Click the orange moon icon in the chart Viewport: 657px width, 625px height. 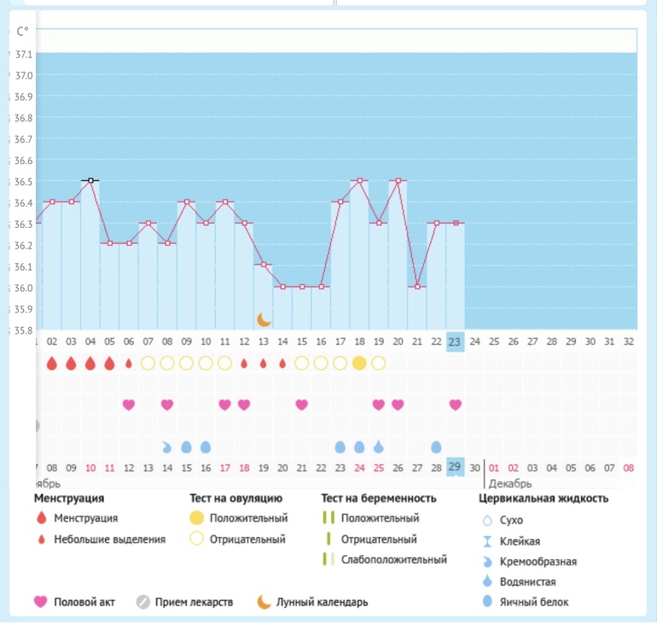[265, 319]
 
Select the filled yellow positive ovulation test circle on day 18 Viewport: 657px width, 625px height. [359, 363]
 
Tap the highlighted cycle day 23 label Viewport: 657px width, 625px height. [455, 342]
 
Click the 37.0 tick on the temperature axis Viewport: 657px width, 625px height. [24, 75]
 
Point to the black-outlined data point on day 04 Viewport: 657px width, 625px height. [90, 181]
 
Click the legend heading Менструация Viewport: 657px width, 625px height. [69, 498]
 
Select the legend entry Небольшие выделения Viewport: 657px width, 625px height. [109, 539]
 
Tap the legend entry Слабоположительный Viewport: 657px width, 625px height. [393, 559]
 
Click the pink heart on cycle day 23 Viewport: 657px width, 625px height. [455, 404]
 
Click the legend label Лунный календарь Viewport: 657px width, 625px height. [323, 602]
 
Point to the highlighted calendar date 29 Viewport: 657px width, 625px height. [455, 467]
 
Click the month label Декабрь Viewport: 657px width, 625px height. [510, 483]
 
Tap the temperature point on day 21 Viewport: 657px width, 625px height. [417, 287]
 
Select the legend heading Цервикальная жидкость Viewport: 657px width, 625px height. [544, 498]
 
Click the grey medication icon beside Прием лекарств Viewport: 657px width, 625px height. [143, 602]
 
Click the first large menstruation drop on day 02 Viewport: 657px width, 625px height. [51, 363]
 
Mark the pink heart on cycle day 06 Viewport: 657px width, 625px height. [128, 404]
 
